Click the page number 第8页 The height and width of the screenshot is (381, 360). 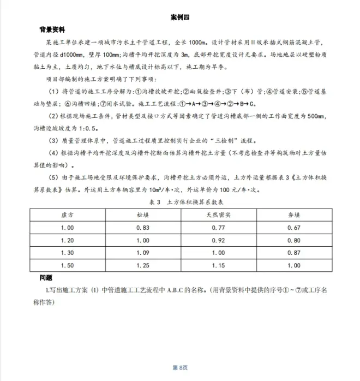[x=179, y=367]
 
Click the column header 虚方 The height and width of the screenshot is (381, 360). [x=68, y=216]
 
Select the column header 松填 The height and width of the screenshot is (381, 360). [x=143, y=216]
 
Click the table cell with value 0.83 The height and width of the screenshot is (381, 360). [x=143, y=228]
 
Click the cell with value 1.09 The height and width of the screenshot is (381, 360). [x=143, y=253]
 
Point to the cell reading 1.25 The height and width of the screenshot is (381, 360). [x=143, y=266]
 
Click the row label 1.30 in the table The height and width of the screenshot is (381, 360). [x=68, y=253]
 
